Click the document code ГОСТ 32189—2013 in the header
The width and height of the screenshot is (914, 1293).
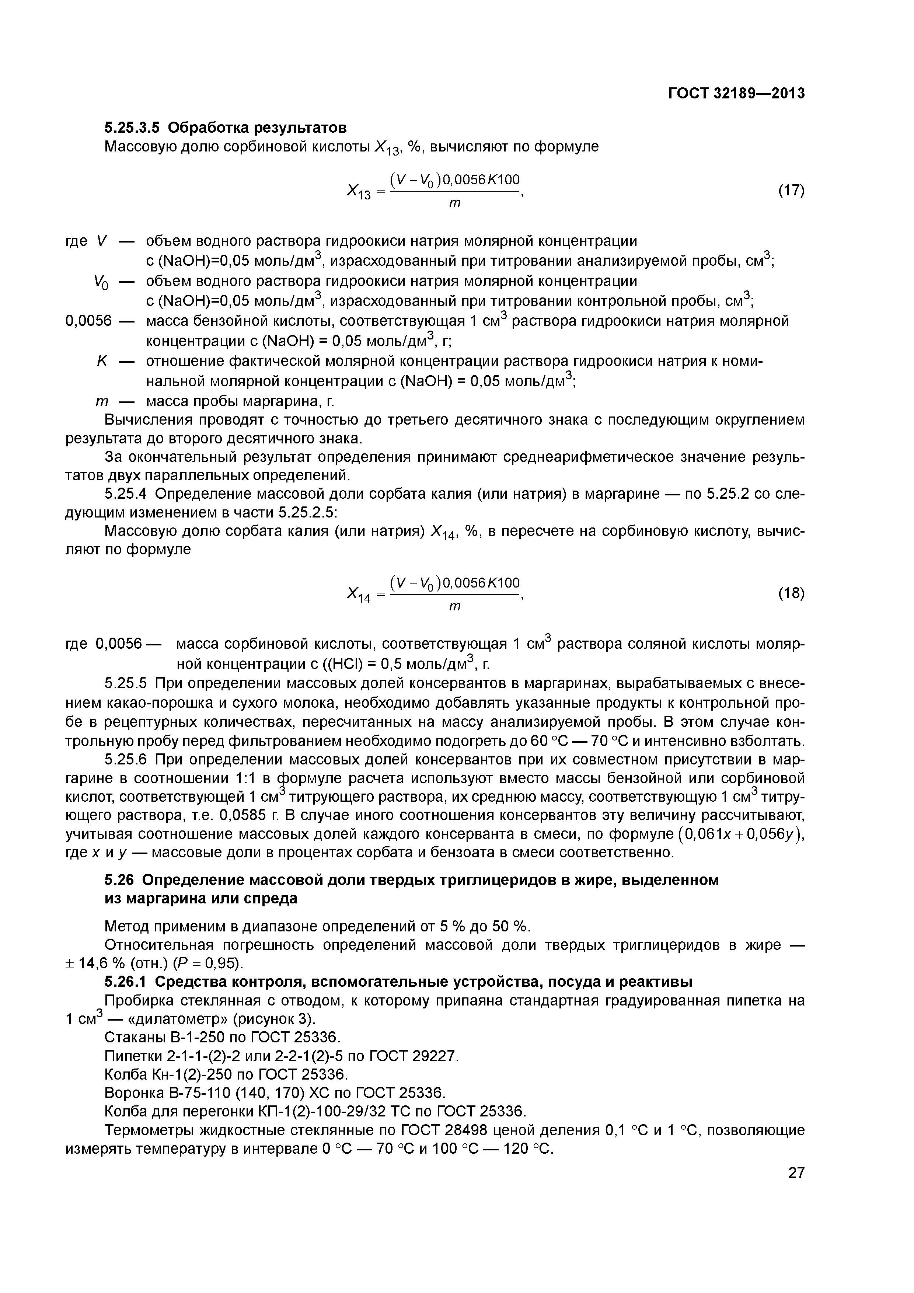[736, 94]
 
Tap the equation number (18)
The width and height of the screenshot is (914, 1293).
[791, 593]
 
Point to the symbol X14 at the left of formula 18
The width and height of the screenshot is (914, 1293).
[358, 595]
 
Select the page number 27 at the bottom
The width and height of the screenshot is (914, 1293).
[796, 1172]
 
